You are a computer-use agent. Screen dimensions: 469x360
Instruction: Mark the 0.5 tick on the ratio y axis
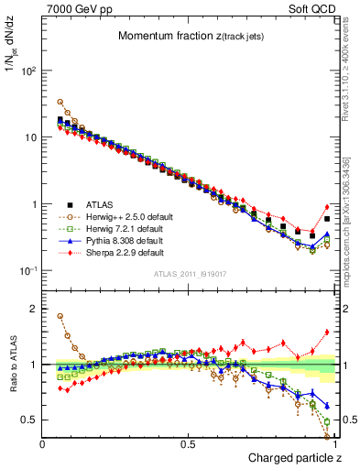click(x=29, y=420)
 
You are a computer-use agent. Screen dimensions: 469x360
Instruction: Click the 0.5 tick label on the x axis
click(x=189, y=444)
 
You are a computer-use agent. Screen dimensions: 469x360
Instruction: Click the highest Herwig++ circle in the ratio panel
click(x=60, y=316)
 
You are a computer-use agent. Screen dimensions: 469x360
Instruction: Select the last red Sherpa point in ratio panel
click(x=327, y=333)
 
